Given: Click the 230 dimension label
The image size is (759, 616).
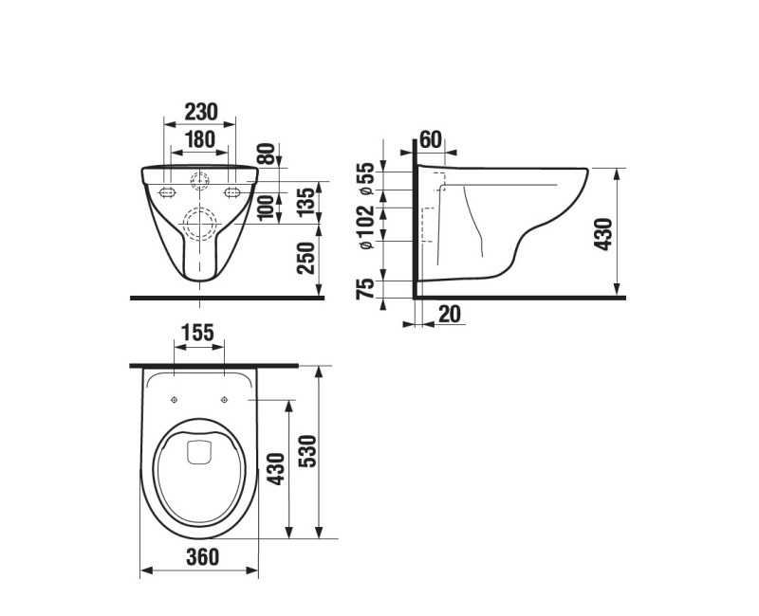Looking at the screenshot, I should pyautogui.click(x=199, y=112).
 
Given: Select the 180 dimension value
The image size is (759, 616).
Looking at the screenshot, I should pyautogui.click(x=199, y=139).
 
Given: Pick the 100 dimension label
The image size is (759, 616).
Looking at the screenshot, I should pyautogui.click(x=266, y=205).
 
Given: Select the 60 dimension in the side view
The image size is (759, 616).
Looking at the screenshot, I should pyautogui.click(x=430, y=140).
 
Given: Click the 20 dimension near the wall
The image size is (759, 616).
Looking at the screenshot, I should pyautogui.click(x=451, y=315).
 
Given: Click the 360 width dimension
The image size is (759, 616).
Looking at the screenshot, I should pyautogui.click(x=199, y=557).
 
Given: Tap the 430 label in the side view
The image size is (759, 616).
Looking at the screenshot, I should pyautogui.click(x=604, y=233).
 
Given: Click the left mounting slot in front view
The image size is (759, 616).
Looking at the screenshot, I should pyautogui.click(x=169, y=192).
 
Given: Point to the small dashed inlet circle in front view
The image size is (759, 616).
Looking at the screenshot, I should pyautogui.click(x=199, y=178).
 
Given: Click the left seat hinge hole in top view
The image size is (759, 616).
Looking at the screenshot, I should pyautogui.click(x=175, y=400).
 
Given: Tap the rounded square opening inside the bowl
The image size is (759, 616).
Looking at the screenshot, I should pyautogui.click(x=199, y=453).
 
